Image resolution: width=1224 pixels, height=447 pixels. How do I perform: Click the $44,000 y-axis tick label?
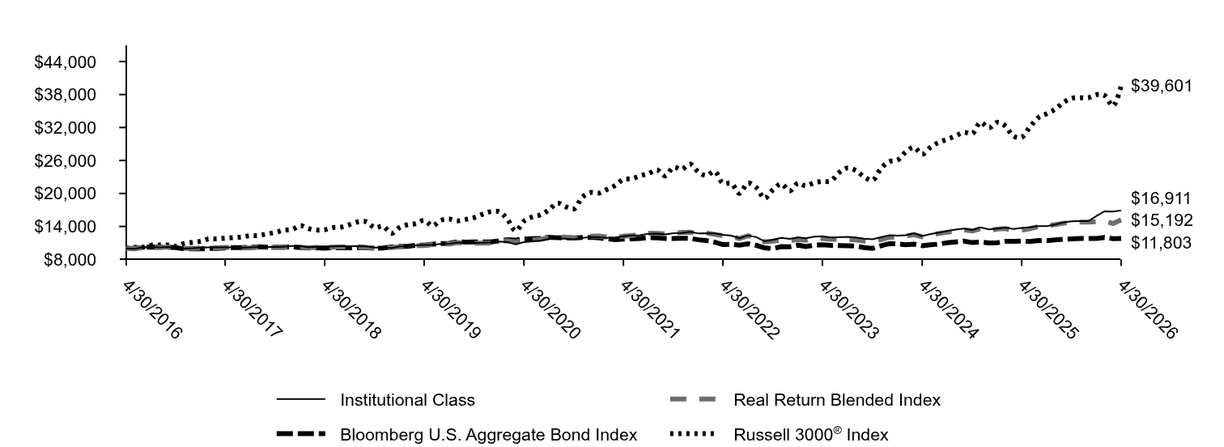(x=65, y=62)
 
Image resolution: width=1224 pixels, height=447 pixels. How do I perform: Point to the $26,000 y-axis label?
(x=65, y=160)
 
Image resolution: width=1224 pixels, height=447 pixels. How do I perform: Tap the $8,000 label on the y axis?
(x=70, y=260)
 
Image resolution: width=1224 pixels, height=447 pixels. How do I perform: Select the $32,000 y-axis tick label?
(x=65, y=128)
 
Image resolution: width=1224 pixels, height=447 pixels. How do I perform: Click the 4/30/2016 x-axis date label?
(x=152, y=310)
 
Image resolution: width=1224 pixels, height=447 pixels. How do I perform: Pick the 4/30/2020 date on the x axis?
(x=550, y=310)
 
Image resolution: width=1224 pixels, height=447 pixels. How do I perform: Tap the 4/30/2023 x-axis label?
(x=848, y=310)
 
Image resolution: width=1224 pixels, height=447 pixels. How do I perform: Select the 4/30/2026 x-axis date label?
(x=1146, y=310)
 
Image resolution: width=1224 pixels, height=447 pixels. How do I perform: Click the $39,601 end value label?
(x=1161, y=86)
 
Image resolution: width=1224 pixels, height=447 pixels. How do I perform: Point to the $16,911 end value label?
(x=1161, y=198)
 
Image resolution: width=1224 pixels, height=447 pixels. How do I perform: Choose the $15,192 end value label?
(x=1161, y=220)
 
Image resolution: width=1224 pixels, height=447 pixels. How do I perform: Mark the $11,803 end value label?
(x=1161, y=243)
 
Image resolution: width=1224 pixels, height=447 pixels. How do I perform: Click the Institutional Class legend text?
(x=407, y=400)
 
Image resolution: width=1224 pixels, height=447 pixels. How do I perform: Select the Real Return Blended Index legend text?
(x=837, y=400)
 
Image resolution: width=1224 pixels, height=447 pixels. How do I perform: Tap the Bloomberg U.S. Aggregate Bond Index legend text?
(x=488, y=434)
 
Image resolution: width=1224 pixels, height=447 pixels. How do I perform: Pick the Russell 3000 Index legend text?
(x=811, y=434)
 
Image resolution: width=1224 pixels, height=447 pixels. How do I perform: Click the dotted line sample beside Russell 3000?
(x=692, y=434)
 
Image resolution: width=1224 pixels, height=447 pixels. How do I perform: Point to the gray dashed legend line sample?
(x=692, y=399)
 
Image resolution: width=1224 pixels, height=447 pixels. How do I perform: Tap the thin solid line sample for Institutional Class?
(x=300, y=399)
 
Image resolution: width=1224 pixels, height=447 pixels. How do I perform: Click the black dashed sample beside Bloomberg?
(x=300, y=434)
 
